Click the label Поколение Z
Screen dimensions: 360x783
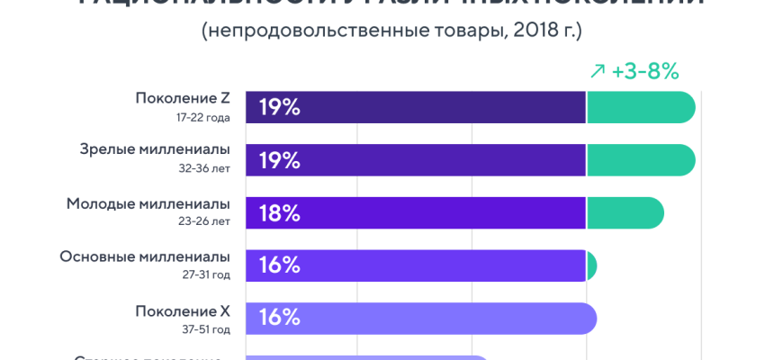point(183,98)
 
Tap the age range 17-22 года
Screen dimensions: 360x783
point(203,117)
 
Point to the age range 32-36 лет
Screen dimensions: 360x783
point(204,168)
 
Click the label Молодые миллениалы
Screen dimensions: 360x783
point(148,203)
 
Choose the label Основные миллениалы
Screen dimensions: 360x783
point(145,256)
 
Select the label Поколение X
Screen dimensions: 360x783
point(183,310)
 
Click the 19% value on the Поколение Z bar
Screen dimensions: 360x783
point(279,107)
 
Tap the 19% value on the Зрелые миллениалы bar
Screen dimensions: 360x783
point(279,160)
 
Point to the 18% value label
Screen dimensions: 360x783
point(279,213)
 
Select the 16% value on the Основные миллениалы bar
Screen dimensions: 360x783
point(279,265)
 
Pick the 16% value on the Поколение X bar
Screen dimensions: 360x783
point(279,319)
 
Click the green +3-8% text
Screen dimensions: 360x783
point(644,71)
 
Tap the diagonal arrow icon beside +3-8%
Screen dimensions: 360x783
point(597,71)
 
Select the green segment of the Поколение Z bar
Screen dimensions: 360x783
point(640,107)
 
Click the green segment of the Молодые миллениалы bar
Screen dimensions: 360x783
point(625,213)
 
